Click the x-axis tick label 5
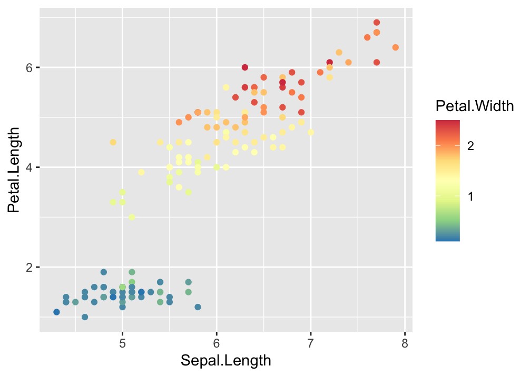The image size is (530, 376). click(122, 343)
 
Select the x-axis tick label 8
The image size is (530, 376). click(405, 343)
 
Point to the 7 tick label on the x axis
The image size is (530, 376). click(311, 343)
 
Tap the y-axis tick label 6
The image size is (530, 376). click(29, 67)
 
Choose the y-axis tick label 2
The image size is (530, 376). click(29, 267)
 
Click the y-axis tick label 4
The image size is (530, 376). click(29, 167)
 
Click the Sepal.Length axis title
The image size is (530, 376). click(226, 361)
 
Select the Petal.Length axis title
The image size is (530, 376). click(14, 170)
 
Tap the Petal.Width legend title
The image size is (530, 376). click(475, 106)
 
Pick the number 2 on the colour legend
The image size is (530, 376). click(470, 146)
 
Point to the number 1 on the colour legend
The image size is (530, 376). click(470, 196)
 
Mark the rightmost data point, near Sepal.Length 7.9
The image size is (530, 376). click(396, 47)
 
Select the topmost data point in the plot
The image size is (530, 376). click(377, 23)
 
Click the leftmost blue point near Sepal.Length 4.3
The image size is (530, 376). click(56, 312)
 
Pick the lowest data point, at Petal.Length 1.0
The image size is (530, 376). click(85, 317)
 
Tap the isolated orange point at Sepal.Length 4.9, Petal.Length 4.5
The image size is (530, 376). click(113, 142)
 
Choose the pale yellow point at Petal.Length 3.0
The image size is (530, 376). click(132, 217)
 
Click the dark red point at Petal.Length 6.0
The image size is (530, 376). click(245, 67)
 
